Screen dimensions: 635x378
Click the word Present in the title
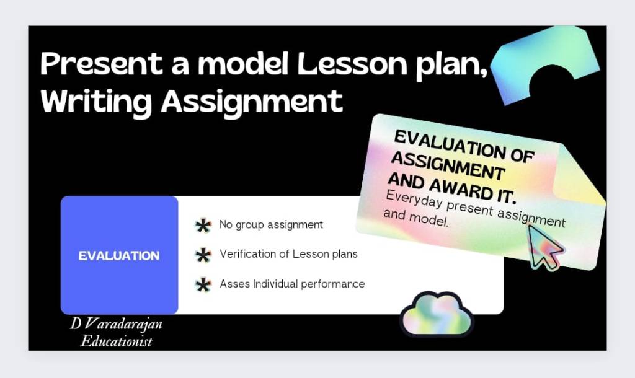tap(101, 64)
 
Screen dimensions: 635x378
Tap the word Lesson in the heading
tap(352, 64)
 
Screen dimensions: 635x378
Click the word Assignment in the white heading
tap(252, 102)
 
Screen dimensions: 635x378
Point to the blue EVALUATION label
tap(119, 256)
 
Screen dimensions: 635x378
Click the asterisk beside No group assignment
tap(203, 226)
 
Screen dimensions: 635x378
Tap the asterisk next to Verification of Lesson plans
tap(203, 255)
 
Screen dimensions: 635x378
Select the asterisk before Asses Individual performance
tap(203, 285)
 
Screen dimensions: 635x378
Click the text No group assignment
tap(271, 224)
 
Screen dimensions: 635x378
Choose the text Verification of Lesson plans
tap(289, 254)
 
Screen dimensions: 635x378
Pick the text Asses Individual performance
tap(292, 284)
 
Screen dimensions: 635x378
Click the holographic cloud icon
tap(436, 314)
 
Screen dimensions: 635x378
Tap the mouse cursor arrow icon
tap(545, 247)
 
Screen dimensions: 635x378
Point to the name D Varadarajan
tap(116, 323)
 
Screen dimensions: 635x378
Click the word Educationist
tap(116, 341)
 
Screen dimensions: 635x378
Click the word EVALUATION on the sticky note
tap(450, 144)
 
